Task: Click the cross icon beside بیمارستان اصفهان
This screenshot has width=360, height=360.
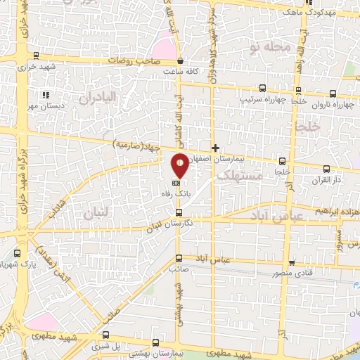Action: click(215, 148)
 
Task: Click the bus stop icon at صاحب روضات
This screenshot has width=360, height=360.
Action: click(181, 61)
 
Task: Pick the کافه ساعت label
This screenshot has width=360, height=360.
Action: click(178, 72)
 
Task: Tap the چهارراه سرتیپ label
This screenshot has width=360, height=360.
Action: click(264, 99)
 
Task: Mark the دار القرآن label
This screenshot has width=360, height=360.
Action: click(326, 181)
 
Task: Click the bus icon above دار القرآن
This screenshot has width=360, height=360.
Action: click(326, 169)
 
